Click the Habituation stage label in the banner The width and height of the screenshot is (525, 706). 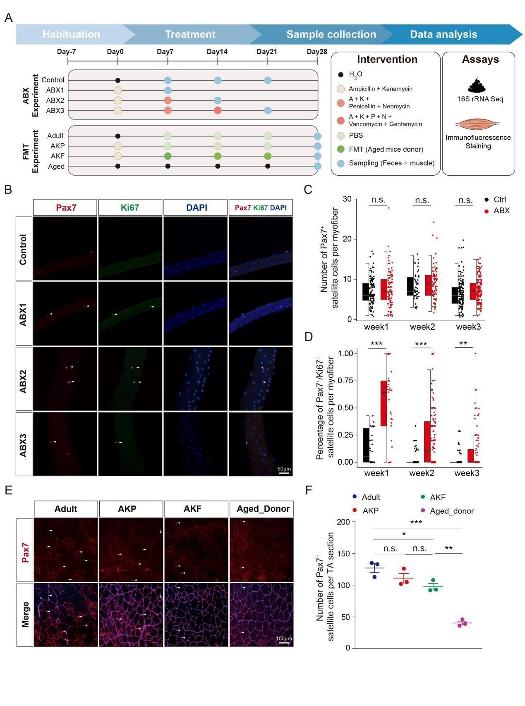pos(71,34)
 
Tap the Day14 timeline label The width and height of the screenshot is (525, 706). pos(217,52)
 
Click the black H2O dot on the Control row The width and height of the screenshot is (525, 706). pos(118,80)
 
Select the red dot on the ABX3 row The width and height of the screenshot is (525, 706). pos(218,110)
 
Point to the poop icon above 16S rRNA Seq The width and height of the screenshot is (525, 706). pos(479,85)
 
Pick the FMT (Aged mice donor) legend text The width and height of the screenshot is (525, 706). pos(386,149)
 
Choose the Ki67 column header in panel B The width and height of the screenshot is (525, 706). pos(130,208)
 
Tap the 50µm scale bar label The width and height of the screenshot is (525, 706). pos(284,469)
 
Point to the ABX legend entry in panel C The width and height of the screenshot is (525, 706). pos(501,211)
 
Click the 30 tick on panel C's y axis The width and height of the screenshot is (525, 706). pos(347,199)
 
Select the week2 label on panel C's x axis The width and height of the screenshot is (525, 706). pos(422,327)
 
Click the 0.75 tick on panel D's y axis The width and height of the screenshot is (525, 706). pos(345,381)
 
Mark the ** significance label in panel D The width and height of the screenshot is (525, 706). pos(463,344)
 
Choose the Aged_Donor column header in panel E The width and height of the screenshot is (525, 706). pos(263,509)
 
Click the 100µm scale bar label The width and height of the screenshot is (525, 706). pos(284,639)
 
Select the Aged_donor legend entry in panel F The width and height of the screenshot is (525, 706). pos(452,511)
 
